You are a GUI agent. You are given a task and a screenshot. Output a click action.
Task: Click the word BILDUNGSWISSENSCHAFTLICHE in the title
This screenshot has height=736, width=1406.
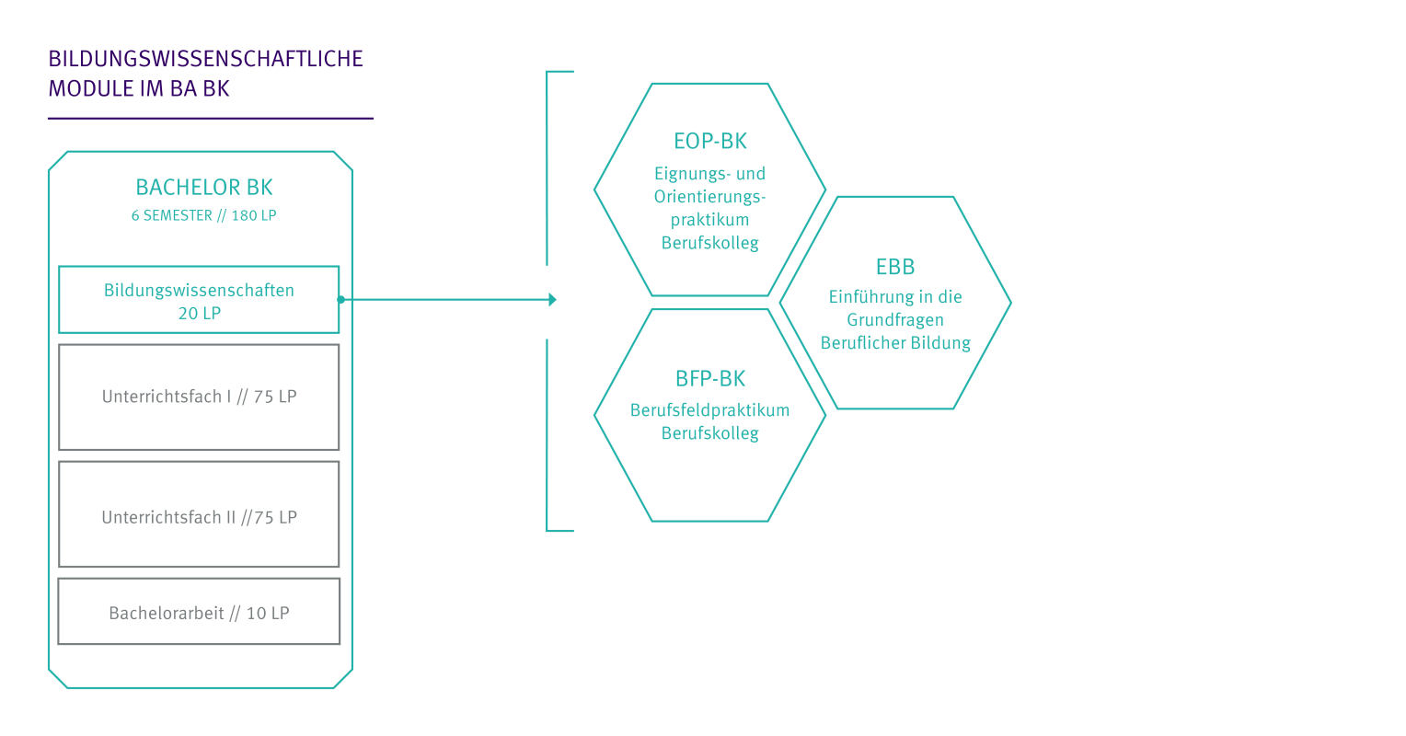(x=205, y=59)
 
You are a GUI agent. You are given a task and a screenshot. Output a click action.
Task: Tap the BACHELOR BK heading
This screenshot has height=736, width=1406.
(x=204, y=188)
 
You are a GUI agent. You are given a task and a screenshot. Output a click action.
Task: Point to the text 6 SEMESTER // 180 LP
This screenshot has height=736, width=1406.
(x=204, y=215)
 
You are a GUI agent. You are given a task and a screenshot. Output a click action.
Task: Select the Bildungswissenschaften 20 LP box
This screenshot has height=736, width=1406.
(x=199, y=300)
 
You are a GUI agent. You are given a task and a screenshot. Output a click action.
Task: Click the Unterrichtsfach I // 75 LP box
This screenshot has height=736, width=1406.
(x=199, y=397)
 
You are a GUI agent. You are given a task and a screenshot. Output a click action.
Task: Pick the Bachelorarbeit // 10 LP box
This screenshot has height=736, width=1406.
(x=199, y=613)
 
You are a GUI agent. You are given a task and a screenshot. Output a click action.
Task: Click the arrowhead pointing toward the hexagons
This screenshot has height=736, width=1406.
(x=552, y=300)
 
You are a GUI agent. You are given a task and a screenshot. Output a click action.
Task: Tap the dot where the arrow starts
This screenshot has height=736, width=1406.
(x=340, y=300)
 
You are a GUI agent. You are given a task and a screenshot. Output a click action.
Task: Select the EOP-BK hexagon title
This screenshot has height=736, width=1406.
(x=709, y=142)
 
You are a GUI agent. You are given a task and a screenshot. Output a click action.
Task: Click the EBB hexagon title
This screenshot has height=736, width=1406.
(x=895, y=268)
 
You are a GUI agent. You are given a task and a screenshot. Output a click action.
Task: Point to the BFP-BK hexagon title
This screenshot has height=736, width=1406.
(x=709, y=378)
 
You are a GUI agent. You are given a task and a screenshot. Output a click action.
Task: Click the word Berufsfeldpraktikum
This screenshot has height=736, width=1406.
(x=709, y=410)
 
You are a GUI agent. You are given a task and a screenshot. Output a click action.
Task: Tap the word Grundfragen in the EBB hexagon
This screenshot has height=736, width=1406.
(x=895, y=320)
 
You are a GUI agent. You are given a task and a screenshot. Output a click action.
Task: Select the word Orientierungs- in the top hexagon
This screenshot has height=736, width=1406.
(x=709, y=197)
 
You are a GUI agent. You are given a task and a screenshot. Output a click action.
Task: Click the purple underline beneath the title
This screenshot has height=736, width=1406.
(x=211, y=119)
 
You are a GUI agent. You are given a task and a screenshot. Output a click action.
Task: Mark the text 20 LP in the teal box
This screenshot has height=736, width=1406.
(x=199, y=314)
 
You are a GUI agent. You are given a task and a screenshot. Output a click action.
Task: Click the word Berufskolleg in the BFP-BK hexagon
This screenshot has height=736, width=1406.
(x=709, y=433)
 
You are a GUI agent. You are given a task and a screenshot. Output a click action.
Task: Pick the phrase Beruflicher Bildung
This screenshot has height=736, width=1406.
(x=895, y=343)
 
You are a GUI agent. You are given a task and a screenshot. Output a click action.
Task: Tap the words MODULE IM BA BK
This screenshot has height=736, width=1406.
(x=139, y=89)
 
